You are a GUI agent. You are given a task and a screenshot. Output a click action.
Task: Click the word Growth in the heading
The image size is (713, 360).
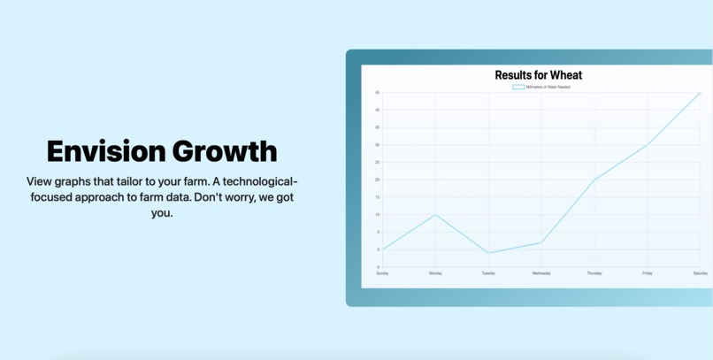[225, 150]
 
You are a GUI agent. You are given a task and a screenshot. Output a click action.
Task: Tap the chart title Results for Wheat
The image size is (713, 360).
[538, 75]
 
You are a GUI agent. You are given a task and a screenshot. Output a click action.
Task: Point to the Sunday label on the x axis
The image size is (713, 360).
[382, 273]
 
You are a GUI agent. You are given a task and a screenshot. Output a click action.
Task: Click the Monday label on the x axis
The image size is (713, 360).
[435, 273]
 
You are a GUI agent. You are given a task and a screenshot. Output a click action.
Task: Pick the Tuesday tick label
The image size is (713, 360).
[488, 273]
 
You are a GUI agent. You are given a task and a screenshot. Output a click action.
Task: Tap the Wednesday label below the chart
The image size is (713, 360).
[541, 273]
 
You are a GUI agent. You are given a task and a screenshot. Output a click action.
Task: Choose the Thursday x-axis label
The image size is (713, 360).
[594, 273]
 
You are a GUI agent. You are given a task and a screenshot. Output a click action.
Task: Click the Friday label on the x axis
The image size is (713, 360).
[648, 273]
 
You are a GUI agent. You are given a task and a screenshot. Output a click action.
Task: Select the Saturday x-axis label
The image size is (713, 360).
[700, 273]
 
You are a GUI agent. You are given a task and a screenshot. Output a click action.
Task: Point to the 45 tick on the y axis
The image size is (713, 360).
[377, 93]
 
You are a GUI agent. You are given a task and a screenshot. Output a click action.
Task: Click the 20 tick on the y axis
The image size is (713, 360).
[377, 180]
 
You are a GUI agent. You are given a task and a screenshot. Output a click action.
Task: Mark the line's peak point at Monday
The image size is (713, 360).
[435, 215]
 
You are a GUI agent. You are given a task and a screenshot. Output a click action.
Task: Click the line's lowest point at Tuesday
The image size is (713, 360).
[488, 253]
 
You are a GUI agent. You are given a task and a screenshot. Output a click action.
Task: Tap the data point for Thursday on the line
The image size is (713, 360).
[594, 180]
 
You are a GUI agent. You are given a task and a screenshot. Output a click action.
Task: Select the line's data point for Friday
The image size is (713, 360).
[648, 145]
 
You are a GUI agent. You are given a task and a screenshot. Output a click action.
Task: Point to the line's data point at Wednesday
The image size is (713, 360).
[541, 242]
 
